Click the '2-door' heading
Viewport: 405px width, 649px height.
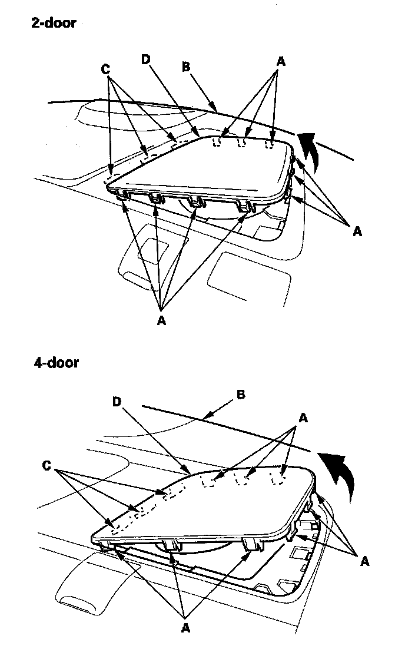coord(54,24)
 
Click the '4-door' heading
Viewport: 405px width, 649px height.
coord(56,362)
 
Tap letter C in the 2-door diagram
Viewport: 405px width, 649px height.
coord(106,69)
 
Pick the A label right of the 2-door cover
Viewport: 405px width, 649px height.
coord(356,231)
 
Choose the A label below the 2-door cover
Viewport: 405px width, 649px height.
coord(161,321)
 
